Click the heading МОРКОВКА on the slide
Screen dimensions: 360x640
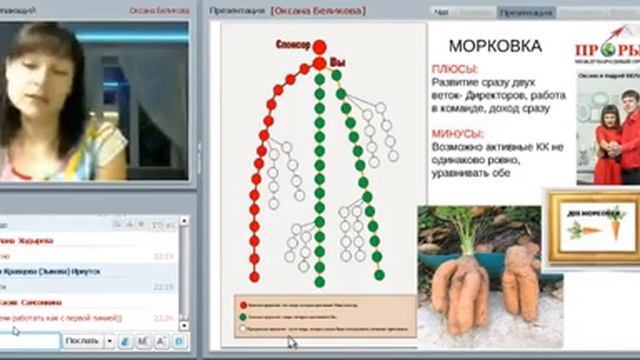(x=495, y=47)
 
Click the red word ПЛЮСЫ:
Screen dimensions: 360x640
(x=452, y=69)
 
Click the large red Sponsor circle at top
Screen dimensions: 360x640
(x=319, y=47)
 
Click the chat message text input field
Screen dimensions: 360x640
(x=29, y=341)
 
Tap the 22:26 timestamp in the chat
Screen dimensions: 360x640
(x=164, y=318)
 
